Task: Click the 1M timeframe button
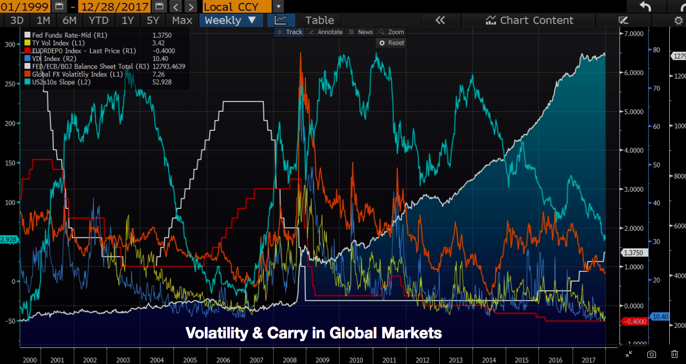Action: pos(43,20)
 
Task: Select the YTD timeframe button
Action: pos(99,20)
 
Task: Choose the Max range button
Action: pos(182,20)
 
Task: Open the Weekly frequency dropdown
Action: pos(231,20)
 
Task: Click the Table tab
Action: pos(319,20)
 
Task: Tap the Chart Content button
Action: pos(529,20)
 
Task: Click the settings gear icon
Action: pos(678,20)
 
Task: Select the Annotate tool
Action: pos(326,32)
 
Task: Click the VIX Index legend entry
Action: pos(47,59)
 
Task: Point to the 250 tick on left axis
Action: pos(10,84)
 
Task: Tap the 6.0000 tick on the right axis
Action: pos(634,72)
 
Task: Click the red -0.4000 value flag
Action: pos(635,322)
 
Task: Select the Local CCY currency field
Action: pos(237,7)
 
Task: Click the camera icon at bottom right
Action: pos(651,354)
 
